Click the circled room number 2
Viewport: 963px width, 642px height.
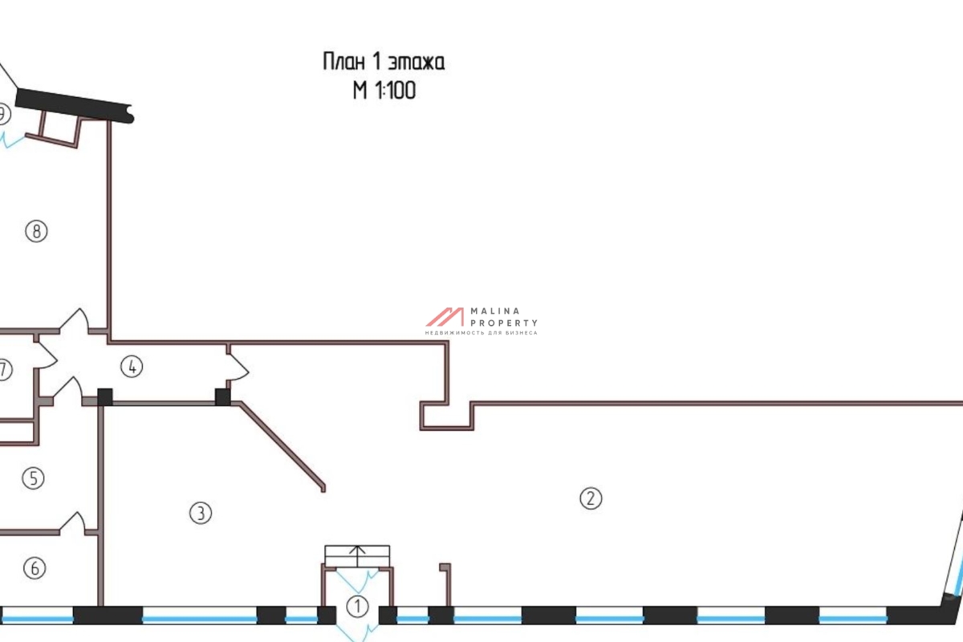tap(590, 498)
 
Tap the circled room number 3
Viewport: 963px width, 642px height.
tap(200, 513)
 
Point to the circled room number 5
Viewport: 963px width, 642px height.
tap(33, 479)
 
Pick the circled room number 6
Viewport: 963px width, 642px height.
tap(33, 569)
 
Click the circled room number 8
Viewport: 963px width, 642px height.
tap(36, 232)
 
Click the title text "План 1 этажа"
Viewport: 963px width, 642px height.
tap(383, 62)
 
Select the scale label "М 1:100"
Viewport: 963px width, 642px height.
tap(384, 91)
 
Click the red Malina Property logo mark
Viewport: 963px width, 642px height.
tap(445, 316)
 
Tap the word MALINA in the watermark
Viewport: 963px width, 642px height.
tap(499, 311)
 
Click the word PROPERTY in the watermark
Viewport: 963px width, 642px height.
tap(503, 322)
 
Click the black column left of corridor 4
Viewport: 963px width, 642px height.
tap(104, 396)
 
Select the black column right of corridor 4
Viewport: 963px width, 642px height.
tap(222, 396)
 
